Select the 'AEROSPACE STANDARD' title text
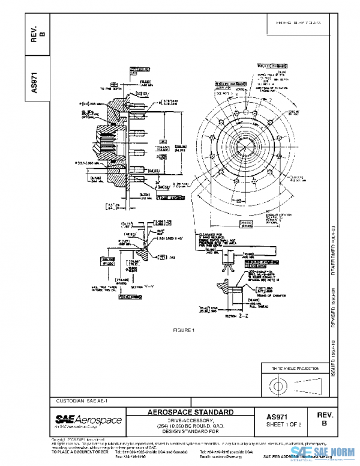click(x=191, y=413)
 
